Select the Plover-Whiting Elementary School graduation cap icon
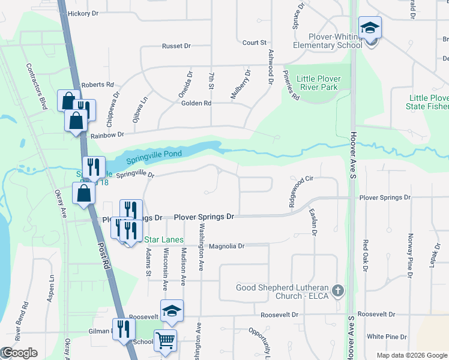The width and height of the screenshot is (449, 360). [370, 28]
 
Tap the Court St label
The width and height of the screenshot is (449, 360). [255, 43]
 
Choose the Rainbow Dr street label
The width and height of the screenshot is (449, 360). [107, 135]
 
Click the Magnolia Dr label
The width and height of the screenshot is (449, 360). [228, 246]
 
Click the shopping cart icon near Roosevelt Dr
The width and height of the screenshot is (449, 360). [166, 340]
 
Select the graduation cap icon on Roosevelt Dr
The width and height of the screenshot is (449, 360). [172, 311]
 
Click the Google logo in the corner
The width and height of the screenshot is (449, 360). [20, 353]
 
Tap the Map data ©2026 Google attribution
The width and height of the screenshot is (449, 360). [411, 355]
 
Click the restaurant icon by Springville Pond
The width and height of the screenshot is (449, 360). [93, 166]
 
